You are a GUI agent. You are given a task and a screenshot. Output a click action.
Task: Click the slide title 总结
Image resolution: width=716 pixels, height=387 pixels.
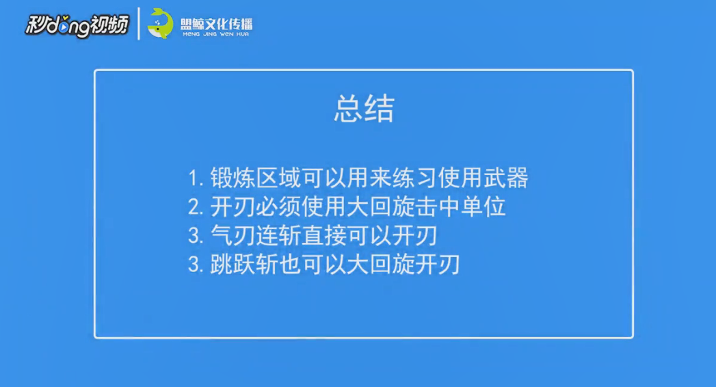click(364, 109)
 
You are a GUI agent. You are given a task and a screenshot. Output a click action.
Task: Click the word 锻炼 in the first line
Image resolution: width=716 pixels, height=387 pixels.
click(233, 178)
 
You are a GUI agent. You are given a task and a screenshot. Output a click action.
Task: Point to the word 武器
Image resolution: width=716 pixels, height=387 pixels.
click(506, 178)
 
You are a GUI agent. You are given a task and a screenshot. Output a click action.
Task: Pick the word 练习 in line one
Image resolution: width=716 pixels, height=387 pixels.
click(414, 178)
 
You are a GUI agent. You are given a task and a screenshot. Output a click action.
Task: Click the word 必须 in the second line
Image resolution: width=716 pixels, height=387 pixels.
click(278, 206)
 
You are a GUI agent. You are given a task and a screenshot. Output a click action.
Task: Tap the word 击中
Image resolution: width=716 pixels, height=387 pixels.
click(438, 206)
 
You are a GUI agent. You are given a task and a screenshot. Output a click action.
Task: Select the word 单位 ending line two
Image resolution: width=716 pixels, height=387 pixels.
click(483, 206)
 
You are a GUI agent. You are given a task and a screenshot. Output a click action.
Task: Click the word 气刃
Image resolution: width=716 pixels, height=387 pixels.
click(233, 235)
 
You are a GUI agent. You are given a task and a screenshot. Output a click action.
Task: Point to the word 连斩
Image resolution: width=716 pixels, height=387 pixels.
click(278, 235)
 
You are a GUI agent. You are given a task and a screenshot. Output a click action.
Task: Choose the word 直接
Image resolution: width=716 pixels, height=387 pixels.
click(323, 235)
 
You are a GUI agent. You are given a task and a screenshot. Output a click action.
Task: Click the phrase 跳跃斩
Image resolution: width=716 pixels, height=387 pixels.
click(244, 265)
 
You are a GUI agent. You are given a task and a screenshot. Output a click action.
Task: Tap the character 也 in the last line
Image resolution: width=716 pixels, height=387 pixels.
click(290, 265)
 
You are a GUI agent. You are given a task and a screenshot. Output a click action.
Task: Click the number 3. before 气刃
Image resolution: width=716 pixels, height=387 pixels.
click(196, 236)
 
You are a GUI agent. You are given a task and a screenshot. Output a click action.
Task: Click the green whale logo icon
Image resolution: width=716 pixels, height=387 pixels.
click(160, 23)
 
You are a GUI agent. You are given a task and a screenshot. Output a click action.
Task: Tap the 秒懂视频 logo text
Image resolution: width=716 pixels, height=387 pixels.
click(77, 25)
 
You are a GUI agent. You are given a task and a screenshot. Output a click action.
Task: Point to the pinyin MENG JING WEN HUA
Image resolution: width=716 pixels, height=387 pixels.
click(216, 34)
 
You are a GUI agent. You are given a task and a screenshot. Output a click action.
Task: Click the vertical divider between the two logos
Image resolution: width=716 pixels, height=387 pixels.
click(139, 24)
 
